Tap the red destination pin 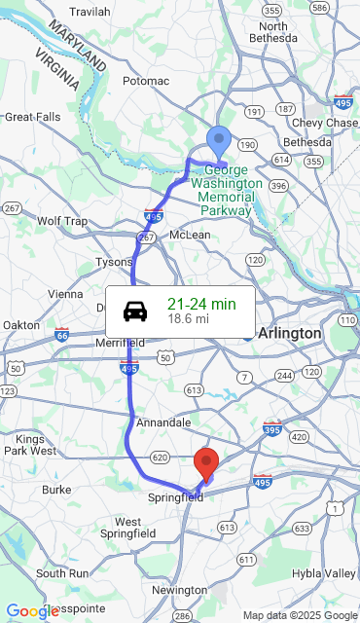coord(206,463)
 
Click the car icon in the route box coord(135,311)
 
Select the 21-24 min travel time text coord(201,304)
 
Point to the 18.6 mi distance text coord(188,318)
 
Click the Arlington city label coord(289,333)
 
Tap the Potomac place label coord(146,81)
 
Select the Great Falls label coord(32,117)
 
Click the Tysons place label coord(114,262)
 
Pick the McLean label coord(190,235)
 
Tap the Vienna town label coord(65,294)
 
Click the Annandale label coord(163,422)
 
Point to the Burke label coord(56,489)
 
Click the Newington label coord(179,590)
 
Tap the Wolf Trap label coord(62,221)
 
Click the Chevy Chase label coord(325,123)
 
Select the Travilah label coord(90,12)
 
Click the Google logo coord(32,611)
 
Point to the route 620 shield coord(161,457)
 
